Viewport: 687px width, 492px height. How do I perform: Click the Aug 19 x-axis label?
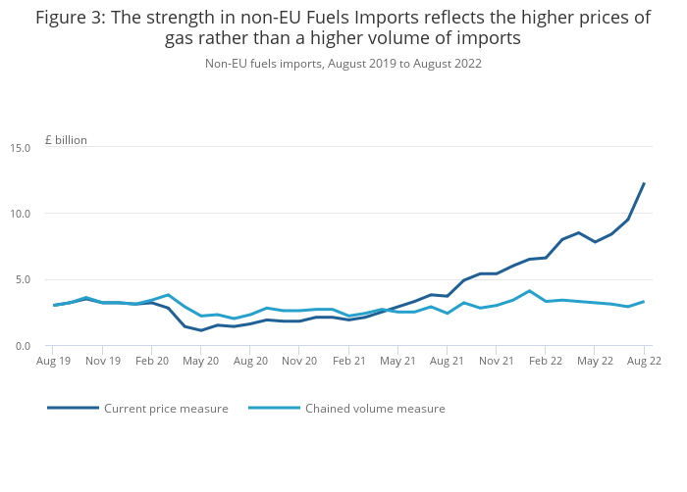coord(53,361)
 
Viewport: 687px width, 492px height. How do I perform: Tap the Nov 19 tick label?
coord(102,361)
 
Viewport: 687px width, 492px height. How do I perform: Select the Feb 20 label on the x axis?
coord(151,361)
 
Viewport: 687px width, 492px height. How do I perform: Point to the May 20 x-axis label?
coord(201,361)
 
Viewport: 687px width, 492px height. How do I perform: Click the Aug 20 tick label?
coord(250,361)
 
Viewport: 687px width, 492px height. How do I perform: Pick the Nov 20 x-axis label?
coord(299,361)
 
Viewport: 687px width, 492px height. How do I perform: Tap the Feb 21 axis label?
coord(348,361)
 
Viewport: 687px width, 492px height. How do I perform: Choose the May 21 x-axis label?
coord(397,361)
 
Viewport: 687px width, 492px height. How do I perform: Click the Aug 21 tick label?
coord(447,361)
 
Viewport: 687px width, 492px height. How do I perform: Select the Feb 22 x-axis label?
coord(546,361)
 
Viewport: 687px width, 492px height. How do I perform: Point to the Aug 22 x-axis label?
coord(644,361)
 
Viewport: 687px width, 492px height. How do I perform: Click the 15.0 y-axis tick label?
coord(21,147)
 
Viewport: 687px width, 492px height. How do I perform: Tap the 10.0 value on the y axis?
coord(21,214)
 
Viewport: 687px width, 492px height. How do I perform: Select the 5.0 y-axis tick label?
coord(24,280)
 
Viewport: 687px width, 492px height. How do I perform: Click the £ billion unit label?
coord(66,140)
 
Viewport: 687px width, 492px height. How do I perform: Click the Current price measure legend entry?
coord(166,409)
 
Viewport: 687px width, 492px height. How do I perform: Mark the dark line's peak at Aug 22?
coord(644,183)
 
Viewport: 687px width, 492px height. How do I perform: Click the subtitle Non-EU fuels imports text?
coord(343,64)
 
